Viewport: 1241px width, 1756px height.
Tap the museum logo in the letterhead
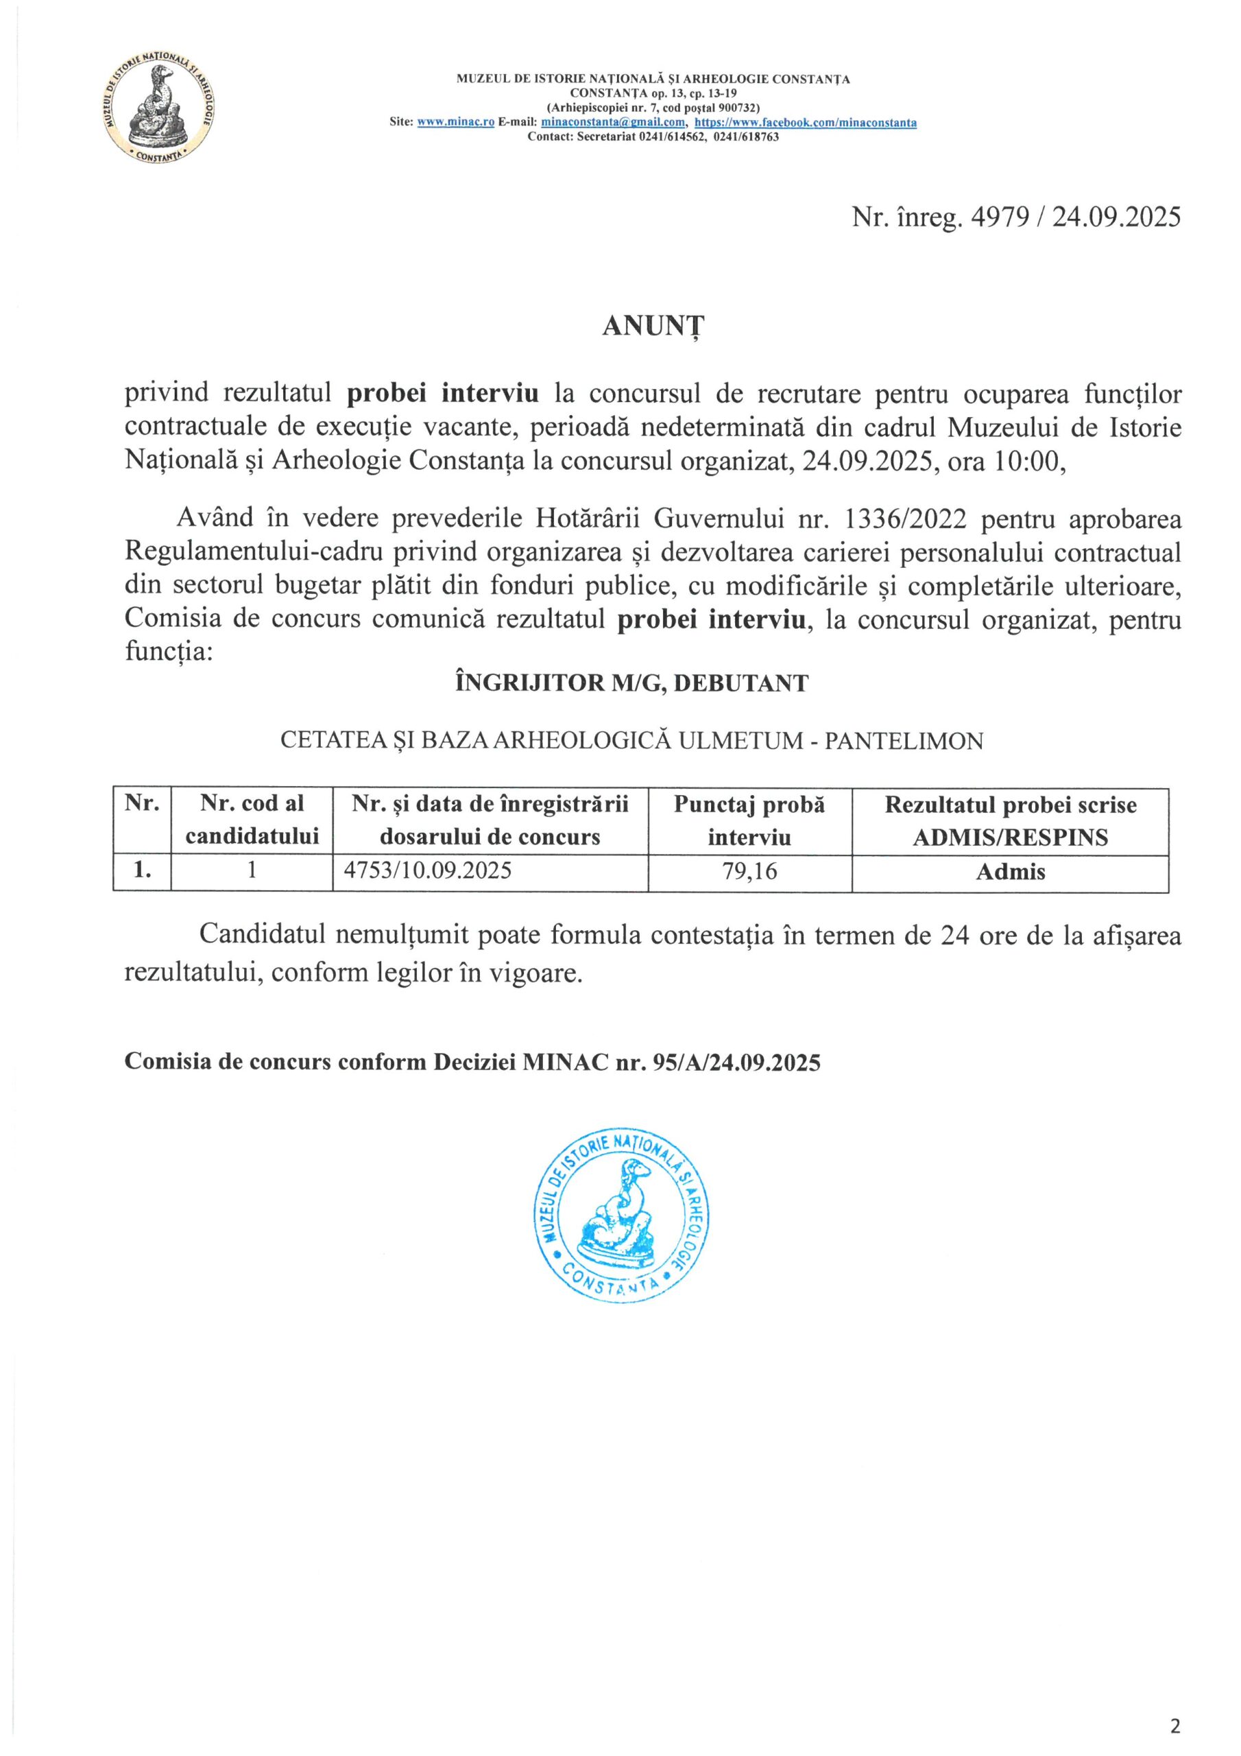[159, 109]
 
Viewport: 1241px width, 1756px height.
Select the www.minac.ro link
[456, 122]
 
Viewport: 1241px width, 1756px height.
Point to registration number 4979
[998, 218]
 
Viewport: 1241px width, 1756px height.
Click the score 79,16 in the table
[749, 871]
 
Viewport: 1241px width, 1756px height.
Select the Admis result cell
[1010, 872]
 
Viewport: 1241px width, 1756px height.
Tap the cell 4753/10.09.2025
[429, 871]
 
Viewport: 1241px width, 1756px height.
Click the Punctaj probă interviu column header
[749, 820]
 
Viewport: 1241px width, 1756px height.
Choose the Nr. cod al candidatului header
[252, 820]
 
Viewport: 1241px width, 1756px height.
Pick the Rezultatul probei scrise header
[1010, 820]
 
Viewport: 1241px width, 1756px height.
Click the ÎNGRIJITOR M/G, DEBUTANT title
[631, 683]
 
